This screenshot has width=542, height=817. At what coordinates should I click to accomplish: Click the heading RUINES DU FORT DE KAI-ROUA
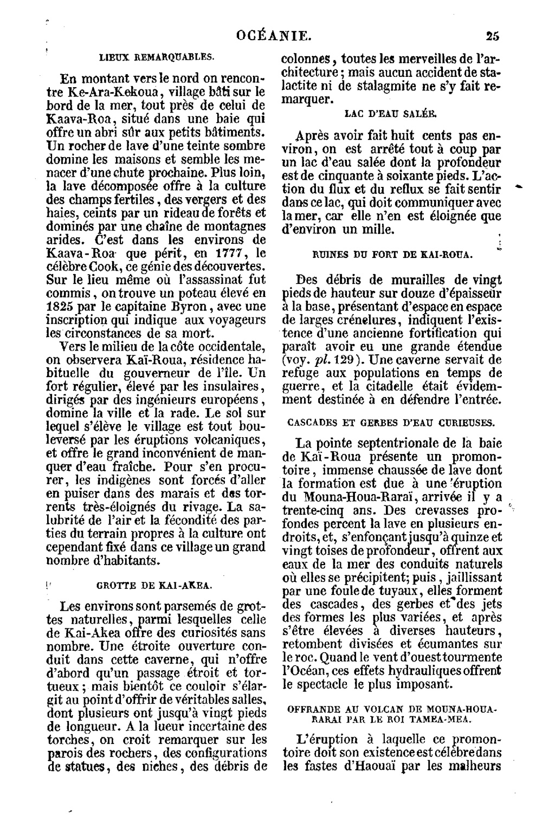point(393,254)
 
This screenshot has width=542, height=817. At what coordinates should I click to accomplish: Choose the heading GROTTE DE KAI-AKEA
point(153,585)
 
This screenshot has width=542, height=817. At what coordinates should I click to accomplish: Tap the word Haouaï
point(371,766)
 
